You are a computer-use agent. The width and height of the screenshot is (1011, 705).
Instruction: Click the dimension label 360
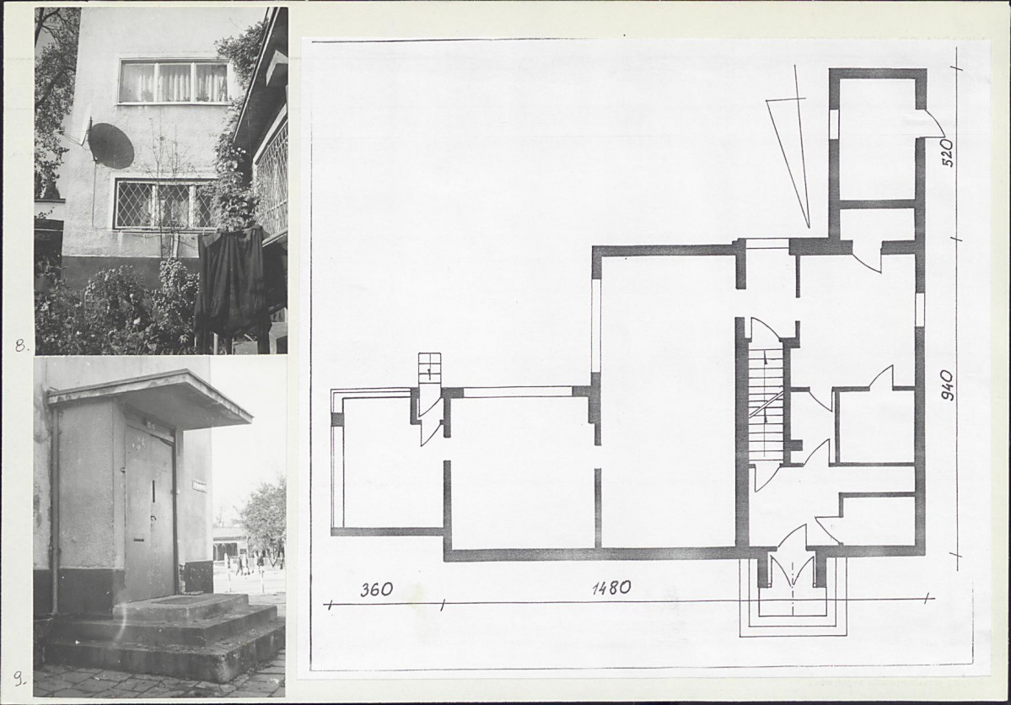(x=377, y=589)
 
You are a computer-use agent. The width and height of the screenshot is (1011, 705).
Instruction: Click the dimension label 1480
(x=611, y=588)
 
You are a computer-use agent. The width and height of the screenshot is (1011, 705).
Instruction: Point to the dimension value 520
(x=948, y=153)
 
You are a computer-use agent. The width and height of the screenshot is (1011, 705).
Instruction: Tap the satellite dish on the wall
(x=110, y=144)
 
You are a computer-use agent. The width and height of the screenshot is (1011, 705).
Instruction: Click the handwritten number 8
(x=21, y=346)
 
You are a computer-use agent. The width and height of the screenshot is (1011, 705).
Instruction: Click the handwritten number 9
(x=20, y=678)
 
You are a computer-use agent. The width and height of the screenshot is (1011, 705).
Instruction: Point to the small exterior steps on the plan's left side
(x=429, y=369)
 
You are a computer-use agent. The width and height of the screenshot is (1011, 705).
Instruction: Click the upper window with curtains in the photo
(x=174, y=81)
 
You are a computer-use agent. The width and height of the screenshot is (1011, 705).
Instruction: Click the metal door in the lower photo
(x=150, y=509)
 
